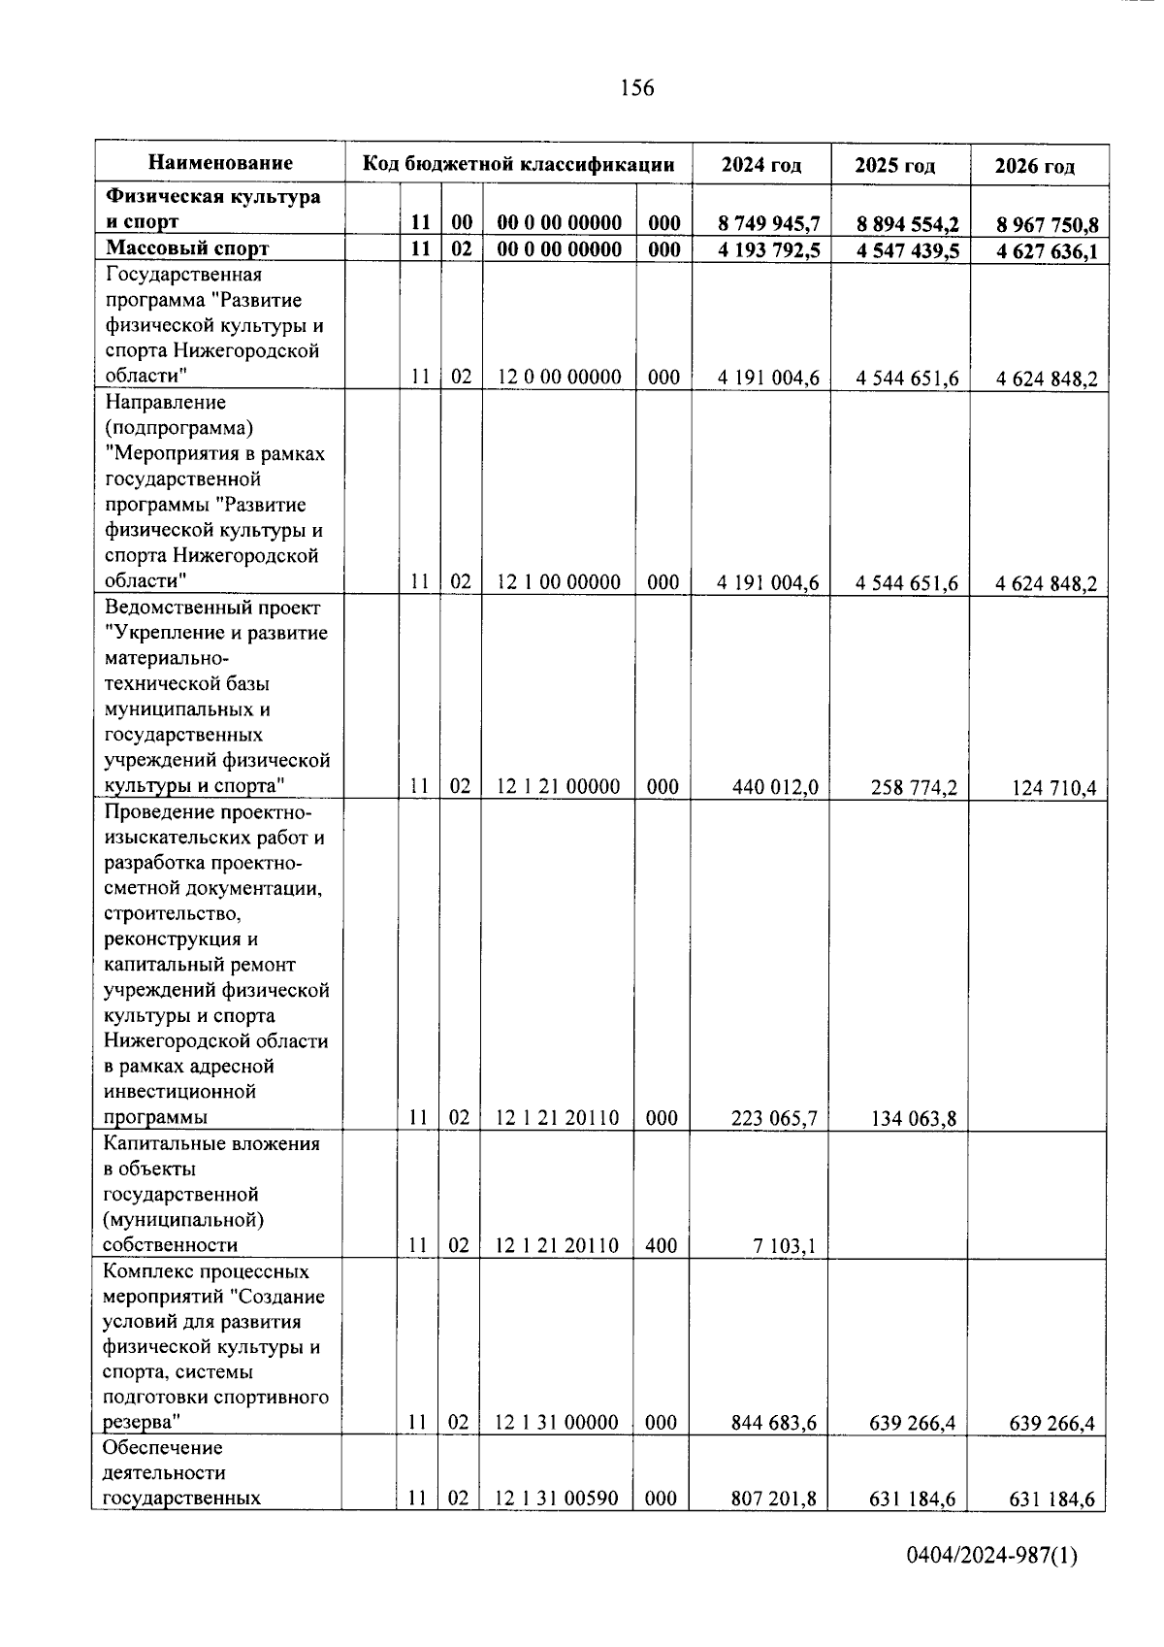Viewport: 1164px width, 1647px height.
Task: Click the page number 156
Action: coord(636,88)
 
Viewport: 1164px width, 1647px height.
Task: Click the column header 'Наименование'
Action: coord(220,163)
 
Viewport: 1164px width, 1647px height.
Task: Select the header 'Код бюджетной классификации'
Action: coord(518,163)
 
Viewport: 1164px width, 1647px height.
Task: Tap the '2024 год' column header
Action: coord(761,165)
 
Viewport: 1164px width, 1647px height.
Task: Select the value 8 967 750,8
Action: coord(1047,225)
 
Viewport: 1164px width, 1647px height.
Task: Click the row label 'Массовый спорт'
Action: coord(187,248)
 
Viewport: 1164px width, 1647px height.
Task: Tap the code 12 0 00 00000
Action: coord(559,377)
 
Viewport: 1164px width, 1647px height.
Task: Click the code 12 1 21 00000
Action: coord(558,786)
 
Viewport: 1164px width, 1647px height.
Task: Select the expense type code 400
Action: coord(661,1245)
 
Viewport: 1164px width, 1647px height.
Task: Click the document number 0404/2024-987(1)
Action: coord(991,1583)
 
